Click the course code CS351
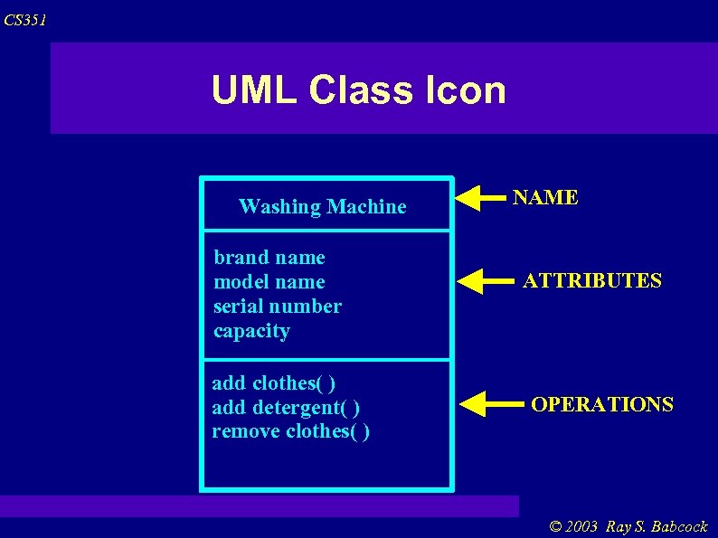click(x=24, y=20)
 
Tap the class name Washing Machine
click(x=322, y=207)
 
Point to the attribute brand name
click(x=269, y=258)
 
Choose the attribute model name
click(x=269, y=282)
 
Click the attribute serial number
click(x=278, y=307)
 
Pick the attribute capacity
click(x=251, y=331)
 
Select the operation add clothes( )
click(x=274, y=382)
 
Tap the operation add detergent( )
click(x=287, y=407)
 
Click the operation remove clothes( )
click(x=290, y=431)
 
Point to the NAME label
click(x=545, y=198)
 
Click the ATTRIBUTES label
click(x=592, y=281)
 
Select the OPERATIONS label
click(x=601, y=404)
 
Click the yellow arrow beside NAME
click(x=481, y=197)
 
